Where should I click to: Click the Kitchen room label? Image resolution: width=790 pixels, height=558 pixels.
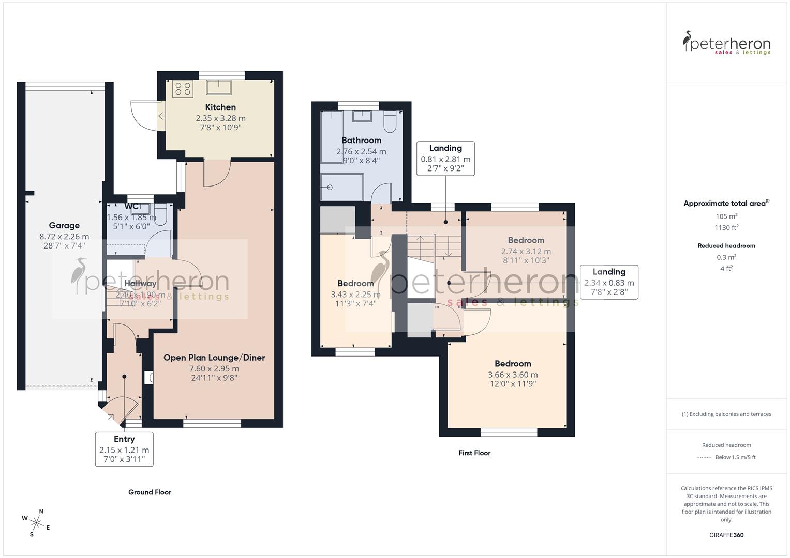coord(220,107)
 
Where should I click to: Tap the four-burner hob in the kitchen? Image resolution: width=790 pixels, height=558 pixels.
coord(183,89)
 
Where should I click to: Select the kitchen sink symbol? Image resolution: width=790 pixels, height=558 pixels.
coord(218,87)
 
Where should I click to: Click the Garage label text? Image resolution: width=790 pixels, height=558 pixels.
coord(64,226)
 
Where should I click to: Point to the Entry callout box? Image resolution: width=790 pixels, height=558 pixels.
coord(124,449)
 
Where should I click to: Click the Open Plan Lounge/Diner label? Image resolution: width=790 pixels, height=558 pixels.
coord(214,358)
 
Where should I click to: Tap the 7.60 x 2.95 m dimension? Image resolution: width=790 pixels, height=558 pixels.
coord(214,369)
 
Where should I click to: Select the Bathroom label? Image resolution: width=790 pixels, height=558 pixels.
coord(361,141)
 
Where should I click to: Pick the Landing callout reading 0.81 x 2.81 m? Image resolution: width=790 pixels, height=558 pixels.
coord(445,159)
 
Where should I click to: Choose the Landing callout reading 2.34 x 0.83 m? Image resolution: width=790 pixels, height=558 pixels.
coord(609,282)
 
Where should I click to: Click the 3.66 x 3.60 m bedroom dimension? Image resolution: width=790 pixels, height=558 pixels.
coord(513,375)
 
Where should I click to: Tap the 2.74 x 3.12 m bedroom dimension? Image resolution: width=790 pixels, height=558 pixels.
coord(526,252)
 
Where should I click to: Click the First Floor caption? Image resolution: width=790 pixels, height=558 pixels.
coord(474,453)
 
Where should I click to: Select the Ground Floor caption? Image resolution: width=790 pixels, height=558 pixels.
coord(150,492)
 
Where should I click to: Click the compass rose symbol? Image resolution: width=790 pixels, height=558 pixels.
coord(36,522)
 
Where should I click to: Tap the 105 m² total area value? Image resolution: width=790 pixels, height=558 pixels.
coord(726,216)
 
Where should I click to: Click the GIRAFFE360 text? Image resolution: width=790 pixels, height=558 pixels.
coord(726,535)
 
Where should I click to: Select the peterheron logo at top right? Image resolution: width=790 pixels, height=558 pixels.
coord(726,43)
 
